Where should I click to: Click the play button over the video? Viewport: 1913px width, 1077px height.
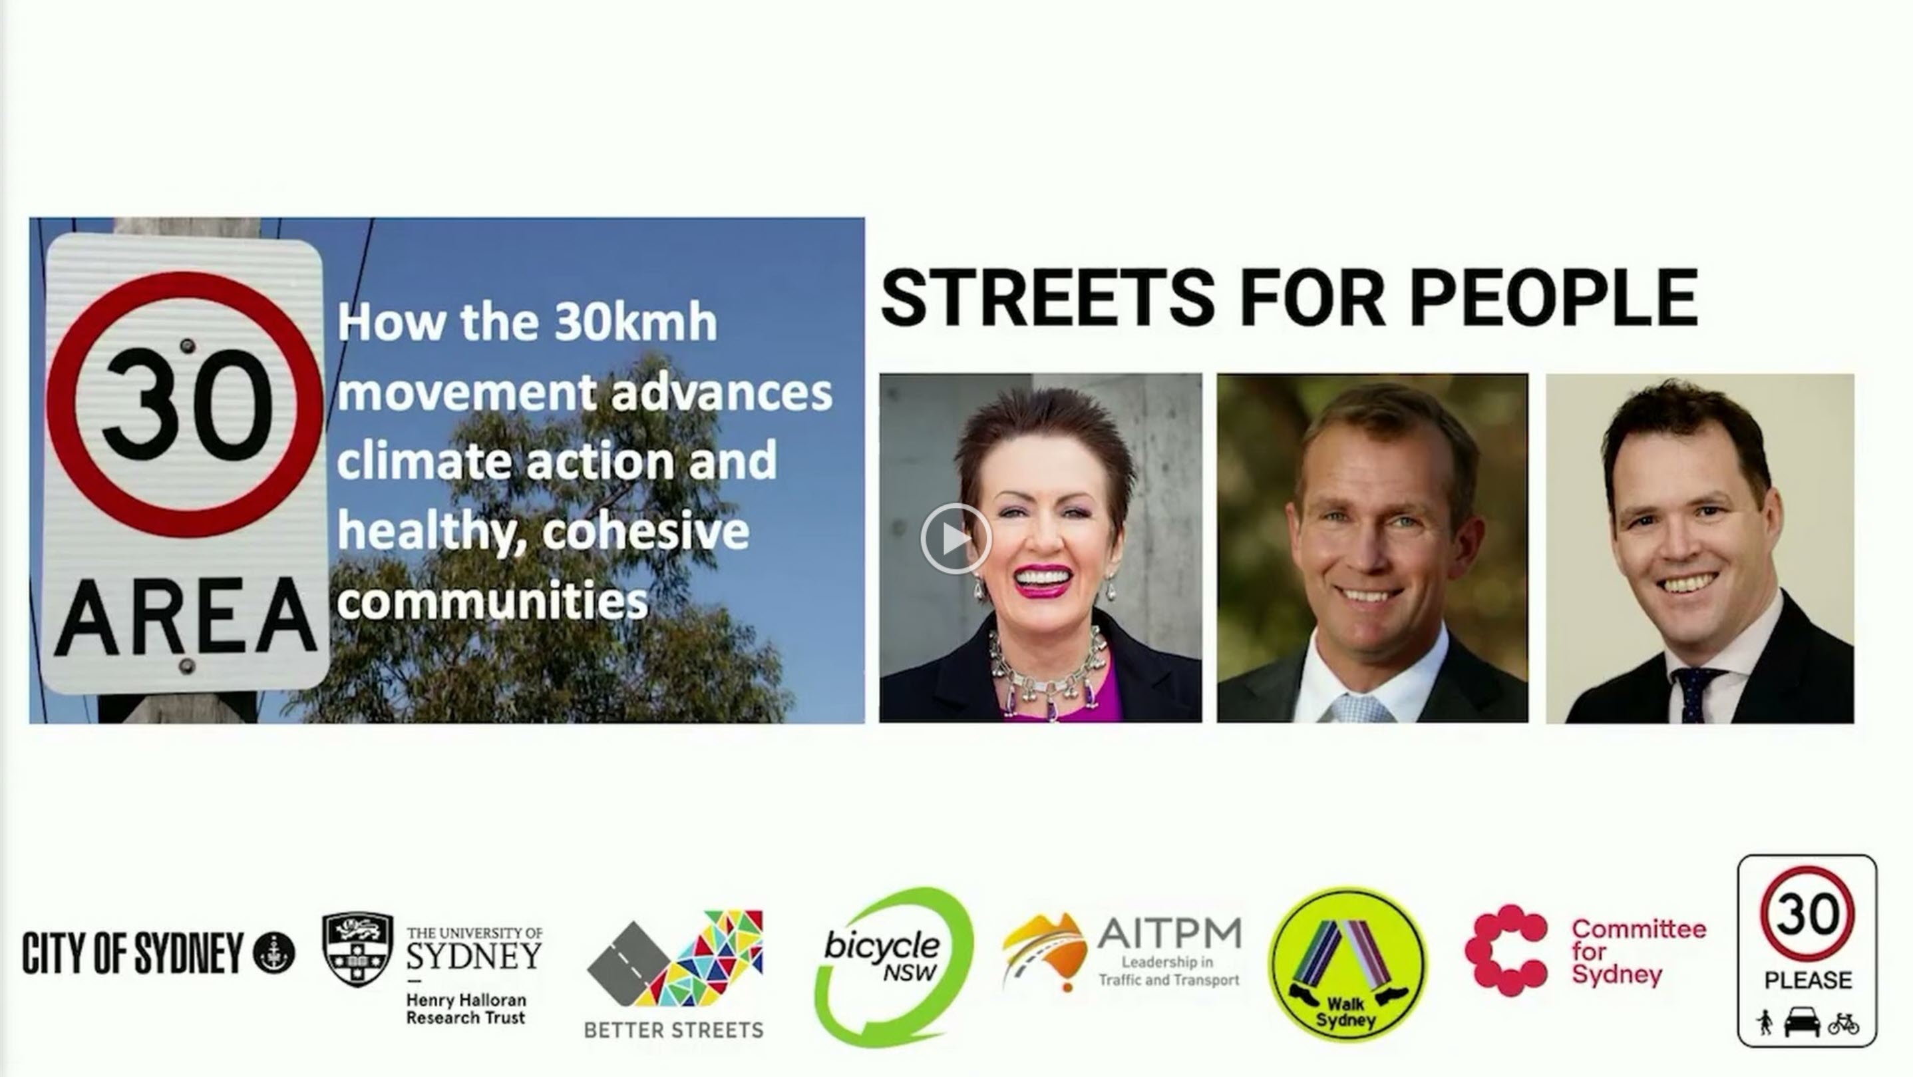956,538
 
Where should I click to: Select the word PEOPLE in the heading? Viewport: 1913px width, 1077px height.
1554,297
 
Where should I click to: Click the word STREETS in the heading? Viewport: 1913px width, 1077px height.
1047,297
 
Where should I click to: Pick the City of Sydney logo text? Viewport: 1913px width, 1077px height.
133,953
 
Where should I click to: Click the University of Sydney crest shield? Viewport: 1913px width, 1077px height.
357,949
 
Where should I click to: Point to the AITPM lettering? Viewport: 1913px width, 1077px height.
1169,934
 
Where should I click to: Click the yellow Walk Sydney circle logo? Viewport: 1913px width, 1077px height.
1347,964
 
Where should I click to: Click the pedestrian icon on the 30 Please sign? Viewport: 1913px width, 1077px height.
1765,1023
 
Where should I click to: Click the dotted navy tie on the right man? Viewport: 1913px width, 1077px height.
1695,695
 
